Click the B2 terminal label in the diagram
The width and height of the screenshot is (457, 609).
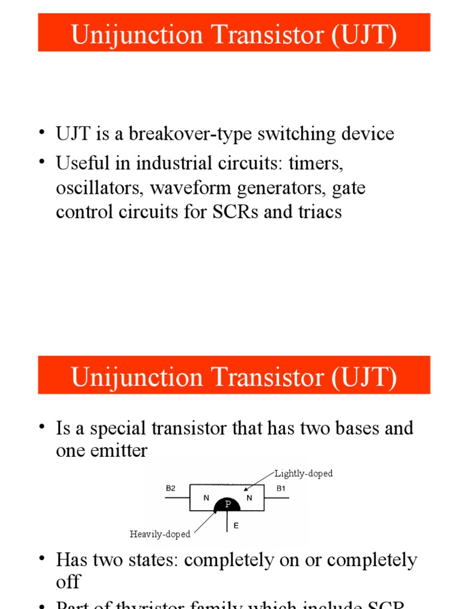(171, 488)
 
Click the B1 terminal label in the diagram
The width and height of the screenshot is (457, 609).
(281, 488)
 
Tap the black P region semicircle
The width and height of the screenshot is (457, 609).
(227, 504)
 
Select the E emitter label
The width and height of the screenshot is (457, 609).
(236, 526)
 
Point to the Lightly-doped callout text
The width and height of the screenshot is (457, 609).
(303, 473)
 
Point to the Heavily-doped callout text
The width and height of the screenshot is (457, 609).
(160, 534)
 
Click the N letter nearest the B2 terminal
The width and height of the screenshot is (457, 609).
(206, 498)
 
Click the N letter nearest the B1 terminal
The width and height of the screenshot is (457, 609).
(249, 498)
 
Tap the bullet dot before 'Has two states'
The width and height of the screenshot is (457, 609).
(42, 558)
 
